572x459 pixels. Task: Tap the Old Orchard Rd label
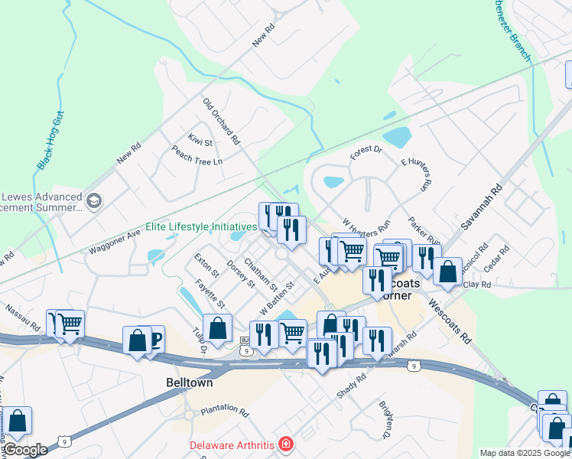point(221,122)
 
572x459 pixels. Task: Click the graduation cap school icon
point(94,201)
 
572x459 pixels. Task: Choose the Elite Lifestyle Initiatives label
point(201,227)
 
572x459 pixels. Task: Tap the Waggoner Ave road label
point(115,243)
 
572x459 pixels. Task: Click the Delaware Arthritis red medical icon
point(285,444)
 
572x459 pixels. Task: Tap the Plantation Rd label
point(225,411)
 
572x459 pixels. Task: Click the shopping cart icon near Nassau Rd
point(70,324)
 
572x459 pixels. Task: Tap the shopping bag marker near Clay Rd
point(448,271)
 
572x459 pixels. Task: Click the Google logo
point(25,449)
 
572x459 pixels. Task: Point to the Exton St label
point(206,265)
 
